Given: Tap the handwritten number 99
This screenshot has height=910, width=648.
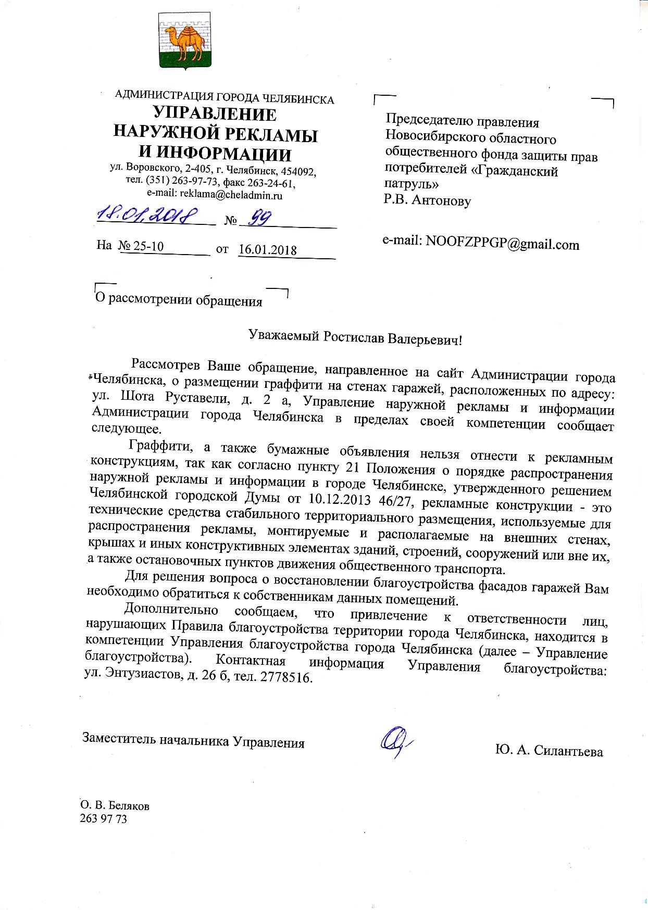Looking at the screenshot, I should click(x=258, y=219).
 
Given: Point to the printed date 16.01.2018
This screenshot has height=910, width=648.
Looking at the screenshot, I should click(x=267, y=250).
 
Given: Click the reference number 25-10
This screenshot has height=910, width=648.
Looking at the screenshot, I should click(x=148, y=246).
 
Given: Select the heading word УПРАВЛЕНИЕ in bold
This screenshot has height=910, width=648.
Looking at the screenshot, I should click(x=215, y=115).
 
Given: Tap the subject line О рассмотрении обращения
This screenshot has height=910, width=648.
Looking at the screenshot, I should click(x=179, y=301).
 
